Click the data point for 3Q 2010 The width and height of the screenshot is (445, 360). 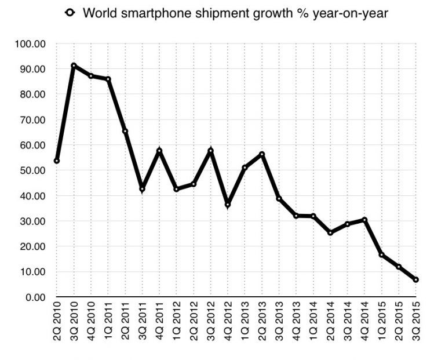coord(74,66)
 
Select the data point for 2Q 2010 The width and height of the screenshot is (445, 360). coord(57,161)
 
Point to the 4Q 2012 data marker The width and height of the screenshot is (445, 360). coord(228,205)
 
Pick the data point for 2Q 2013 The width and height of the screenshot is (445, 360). coord(262,154)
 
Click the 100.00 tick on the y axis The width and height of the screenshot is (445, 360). coord(32,44)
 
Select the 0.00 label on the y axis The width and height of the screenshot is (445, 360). coord(35,297)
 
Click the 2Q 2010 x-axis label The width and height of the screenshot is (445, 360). coord(57,324)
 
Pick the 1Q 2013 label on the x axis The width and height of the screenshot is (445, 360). coord(245,324)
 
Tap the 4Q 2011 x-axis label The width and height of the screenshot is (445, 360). coord(159,324)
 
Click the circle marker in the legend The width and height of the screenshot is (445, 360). coord(70,13)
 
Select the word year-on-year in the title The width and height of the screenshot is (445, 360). coord(349,13)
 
